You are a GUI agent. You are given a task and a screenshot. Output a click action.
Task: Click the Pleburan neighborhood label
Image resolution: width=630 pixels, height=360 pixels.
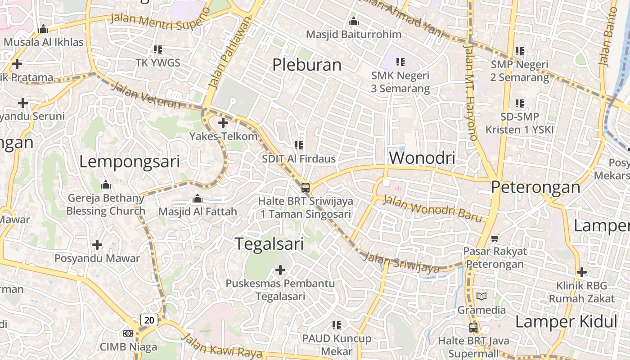click(307, 65)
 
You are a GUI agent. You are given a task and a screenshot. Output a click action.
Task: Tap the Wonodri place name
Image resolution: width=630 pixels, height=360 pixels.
click(422, 158)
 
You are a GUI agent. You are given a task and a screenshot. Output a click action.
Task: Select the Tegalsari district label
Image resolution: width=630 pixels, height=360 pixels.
click(270, 244)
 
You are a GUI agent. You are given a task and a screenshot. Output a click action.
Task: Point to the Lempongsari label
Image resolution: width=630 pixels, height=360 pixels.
click(130, 162)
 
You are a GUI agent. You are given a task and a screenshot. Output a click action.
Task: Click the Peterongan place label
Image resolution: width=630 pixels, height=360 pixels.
click(535, 187)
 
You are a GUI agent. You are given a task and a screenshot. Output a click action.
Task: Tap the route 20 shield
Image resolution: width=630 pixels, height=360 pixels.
click(149, 320)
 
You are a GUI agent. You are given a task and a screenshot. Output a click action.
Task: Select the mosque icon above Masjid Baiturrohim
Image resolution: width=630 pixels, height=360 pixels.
click(354, 22)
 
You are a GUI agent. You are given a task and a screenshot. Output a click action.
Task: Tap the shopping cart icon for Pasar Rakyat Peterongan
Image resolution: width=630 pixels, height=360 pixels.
click(495, 238)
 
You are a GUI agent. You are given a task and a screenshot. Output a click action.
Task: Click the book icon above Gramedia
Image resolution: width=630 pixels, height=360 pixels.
click(481, 297)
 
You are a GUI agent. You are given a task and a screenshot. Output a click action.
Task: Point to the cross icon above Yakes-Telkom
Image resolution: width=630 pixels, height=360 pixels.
click(223, 122)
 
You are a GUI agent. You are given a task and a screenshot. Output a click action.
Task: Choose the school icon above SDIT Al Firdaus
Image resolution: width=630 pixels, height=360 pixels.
click(299, 145)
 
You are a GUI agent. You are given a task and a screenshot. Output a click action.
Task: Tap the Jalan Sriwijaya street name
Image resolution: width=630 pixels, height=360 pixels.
click(400, 263)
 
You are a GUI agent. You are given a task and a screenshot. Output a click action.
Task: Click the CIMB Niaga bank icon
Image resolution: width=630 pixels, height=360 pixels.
click(128, 333)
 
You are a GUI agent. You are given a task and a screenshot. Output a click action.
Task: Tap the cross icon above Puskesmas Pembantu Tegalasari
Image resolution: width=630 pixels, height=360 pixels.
click(280, 270)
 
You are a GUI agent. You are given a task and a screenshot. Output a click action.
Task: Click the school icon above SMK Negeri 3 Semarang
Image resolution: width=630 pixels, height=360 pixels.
click(400, 62)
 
